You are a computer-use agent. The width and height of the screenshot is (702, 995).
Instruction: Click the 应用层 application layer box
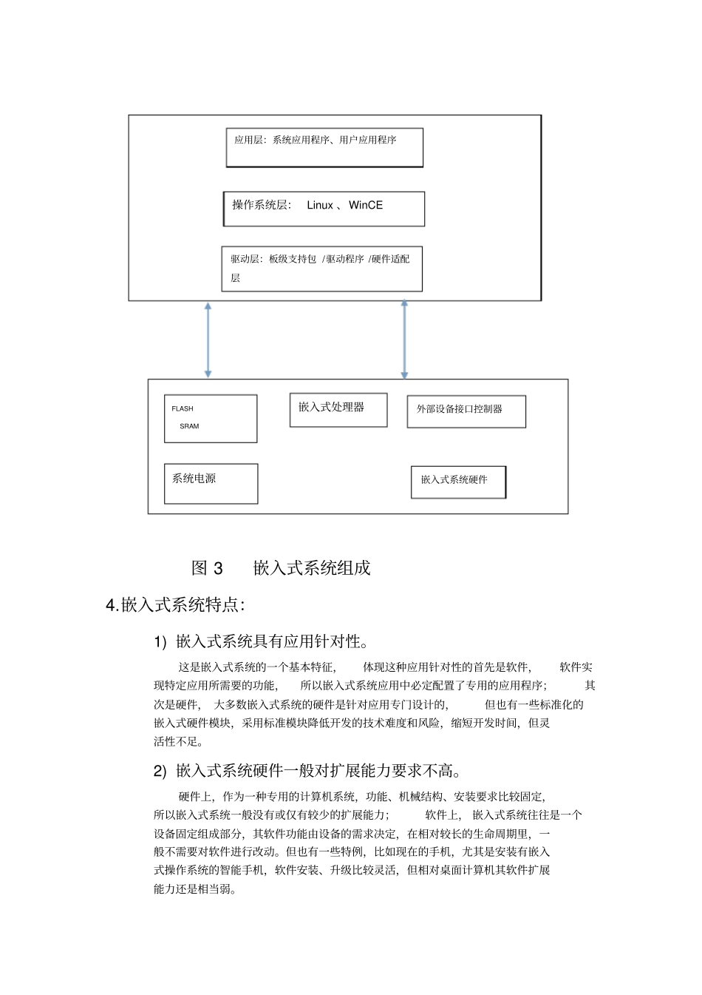(x=324, y=147)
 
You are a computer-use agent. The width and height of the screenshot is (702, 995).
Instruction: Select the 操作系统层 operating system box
(x=324, y=209)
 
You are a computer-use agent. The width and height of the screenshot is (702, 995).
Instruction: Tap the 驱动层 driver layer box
(x=322, y=269)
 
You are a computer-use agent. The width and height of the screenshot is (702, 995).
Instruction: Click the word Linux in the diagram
(x=320, y=205)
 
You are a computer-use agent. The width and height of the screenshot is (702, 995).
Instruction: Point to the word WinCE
(x=366, y=205)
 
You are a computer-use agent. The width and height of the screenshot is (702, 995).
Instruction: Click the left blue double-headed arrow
(x=208, y=340)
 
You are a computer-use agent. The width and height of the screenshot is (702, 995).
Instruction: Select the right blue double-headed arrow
(x=404, y=340)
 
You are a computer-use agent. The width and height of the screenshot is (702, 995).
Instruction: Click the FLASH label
(x=183, y=408)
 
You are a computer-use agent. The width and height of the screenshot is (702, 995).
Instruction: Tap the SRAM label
(x=189, y=426)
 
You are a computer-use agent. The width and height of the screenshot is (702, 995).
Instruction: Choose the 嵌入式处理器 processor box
(x=338, y=410)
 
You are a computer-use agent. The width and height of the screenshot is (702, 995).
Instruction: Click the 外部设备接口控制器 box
(x=466, y=411)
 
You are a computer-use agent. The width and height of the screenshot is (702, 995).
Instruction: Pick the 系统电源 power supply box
(x=211, y=483)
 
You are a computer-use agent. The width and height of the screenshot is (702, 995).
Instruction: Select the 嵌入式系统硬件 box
(x=458, y=482)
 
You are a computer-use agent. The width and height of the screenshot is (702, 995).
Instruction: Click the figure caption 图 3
(x=207, y=568)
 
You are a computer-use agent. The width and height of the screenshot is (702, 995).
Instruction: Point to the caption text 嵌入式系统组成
(x=312, y=568)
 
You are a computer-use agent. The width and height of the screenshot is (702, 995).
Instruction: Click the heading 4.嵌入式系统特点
(x=175, y=605)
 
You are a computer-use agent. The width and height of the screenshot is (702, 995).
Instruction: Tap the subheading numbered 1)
(x=262, y=641)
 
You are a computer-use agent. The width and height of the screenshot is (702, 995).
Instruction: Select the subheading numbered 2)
(x=308, y=771)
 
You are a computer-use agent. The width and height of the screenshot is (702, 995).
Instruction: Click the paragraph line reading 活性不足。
(x=178, y=741)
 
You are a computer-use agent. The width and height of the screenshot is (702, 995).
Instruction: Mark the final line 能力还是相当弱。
(x=195, y=888)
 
